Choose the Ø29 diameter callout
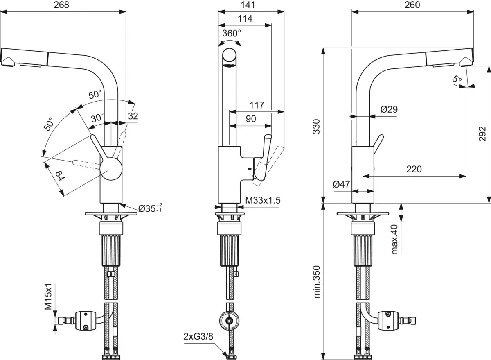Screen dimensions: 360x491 389,109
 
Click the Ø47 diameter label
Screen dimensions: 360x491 341,185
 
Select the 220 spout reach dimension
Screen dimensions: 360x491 414,169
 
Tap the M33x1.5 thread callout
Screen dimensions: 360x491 262,200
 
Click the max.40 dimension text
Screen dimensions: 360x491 395,239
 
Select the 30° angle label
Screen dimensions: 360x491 97,118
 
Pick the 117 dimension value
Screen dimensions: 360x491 257,105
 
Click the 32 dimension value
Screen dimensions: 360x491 133,116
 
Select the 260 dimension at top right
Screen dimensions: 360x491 412,5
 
